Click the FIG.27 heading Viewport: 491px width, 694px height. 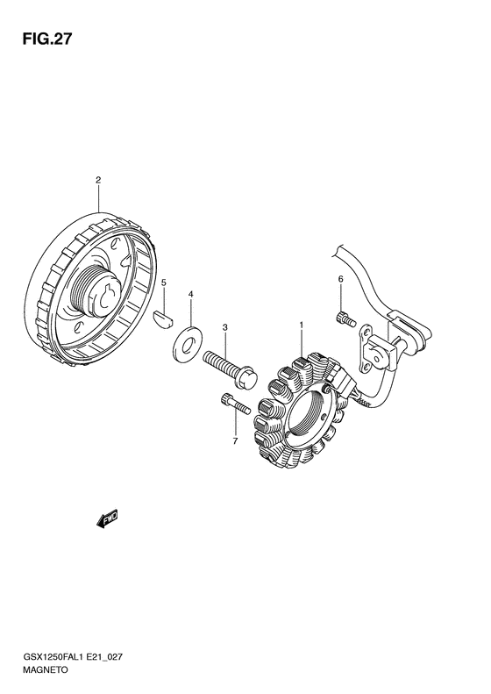click(46, 39)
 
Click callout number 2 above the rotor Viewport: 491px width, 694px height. click(98, 180)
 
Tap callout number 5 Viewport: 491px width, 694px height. click(164, 283)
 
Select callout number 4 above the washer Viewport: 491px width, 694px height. click(191, 294)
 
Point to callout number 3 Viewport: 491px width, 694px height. click(224, 327)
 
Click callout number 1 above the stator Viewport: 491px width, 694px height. click(302, 326)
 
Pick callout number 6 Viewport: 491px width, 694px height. click(340, 279)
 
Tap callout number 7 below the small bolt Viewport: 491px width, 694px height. click(235, 440)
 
